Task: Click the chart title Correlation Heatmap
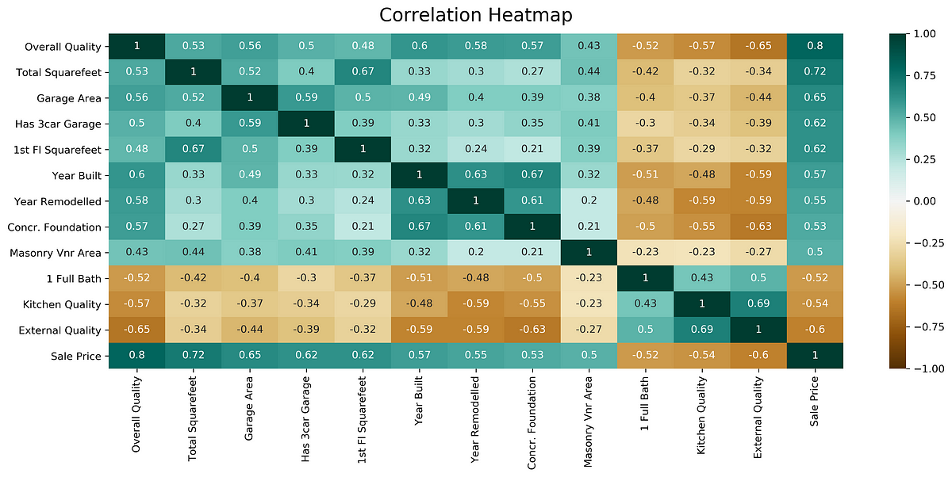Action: pos(475,15)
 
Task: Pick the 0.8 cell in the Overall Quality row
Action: pos(815,47)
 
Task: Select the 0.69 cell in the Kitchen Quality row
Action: pos(758,304)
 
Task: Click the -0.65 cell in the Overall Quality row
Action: pos(758,47)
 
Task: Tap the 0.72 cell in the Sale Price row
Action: pos(193,356)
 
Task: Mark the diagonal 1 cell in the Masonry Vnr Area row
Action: pos(589,253)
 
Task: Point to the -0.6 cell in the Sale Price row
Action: pos(758,356)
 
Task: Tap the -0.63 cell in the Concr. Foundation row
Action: pos(758,227)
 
